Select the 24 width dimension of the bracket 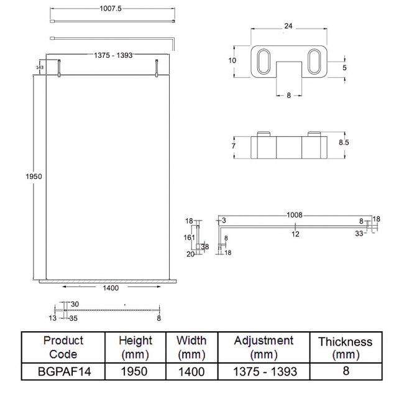(x=288, y=26)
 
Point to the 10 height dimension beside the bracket (x=232, y=60)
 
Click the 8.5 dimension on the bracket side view (x=344, y=142)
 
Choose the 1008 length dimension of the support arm (x=295, y=215)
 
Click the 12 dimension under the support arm (x=296, y=234)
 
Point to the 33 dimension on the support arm (x=359, y=234)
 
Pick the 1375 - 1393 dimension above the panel (x=113, y=56)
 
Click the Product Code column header (x=63, y=347)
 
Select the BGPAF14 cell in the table (x=63, y=371)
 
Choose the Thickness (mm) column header (x=345, y=348)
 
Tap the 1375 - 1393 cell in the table (x=264, y=371)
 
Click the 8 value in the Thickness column (x=345, y=371)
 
